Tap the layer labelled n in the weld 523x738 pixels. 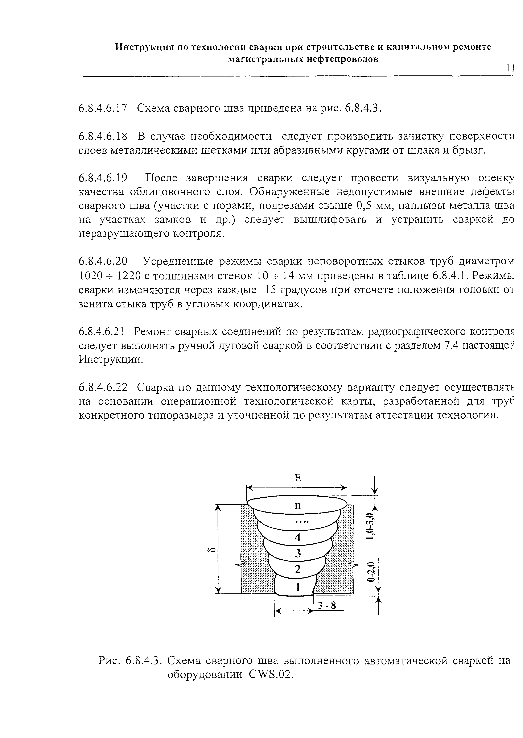pyautogui.click(x=298, y=506)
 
